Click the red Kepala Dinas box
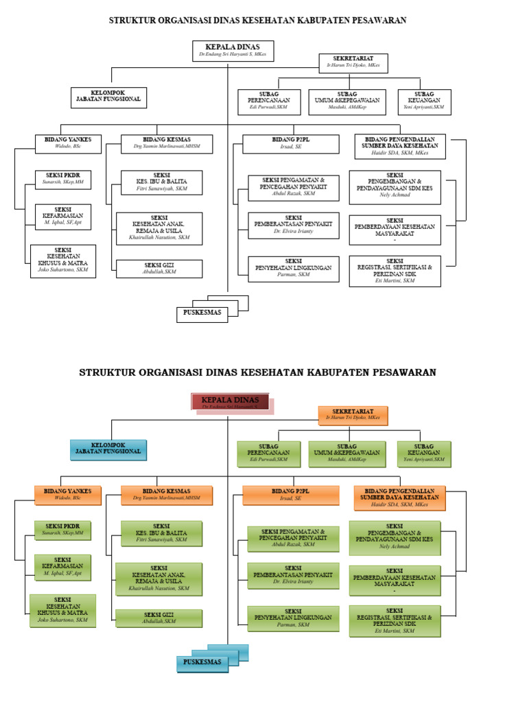point(230,402)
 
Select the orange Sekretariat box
point(353,415)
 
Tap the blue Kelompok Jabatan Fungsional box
point(108,449)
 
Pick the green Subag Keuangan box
point(423,453)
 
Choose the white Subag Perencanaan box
point(268,101)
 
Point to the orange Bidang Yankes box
point(67,495)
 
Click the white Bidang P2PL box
point(290,143)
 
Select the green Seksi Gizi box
point(159,618)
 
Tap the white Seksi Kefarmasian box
point(62,217)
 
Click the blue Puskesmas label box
point(202,662)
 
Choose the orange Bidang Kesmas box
point(166,495)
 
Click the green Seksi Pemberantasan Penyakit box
point(293,575)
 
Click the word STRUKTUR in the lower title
point(111,373)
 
